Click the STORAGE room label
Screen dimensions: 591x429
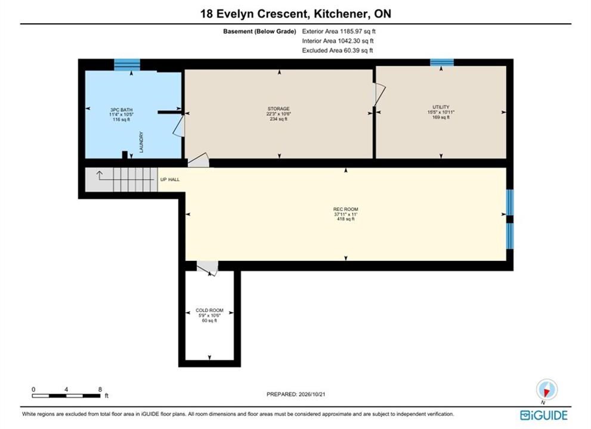[279, 108]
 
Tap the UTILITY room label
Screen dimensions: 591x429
[441, 107]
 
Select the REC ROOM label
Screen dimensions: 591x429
[346, 209]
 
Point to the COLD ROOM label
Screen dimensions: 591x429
[209, 310]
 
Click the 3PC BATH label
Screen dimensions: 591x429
[122, 110]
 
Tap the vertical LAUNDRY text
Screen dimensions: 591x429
[141, 142]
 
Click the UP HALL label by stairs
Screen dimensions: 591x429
[170, 180]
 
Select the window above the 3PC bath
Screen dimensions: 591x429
[127, 64]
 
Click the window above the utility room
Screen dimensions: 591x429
[442, 63]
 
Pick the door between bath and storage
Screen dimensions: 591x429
[179, 126]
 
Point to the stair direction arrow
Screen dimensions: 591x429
[100, 176]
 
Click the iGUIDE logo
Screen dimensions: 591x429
[543, 415]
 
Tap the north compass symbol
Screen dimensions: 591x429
[547, 390]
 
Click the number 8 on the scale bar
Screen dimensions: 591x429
[100, 390]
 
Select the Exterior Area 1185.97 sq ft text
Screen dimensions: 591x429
[339, 32]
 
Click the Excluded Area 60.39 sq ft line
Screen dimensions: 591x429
[338, 51]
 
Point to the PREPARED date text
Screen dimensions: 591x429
[296, 394]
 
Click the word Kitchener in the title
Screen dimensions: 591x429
[341, 14]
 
